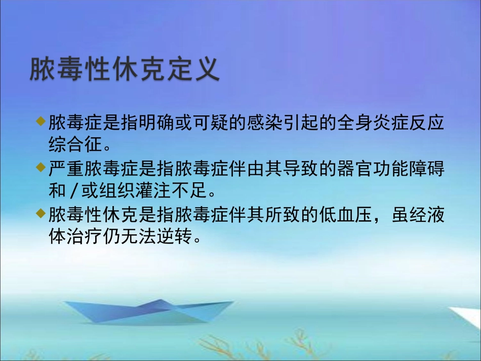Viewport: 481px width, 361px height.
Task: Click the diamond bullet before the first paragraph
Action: [x=41, y=120]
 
